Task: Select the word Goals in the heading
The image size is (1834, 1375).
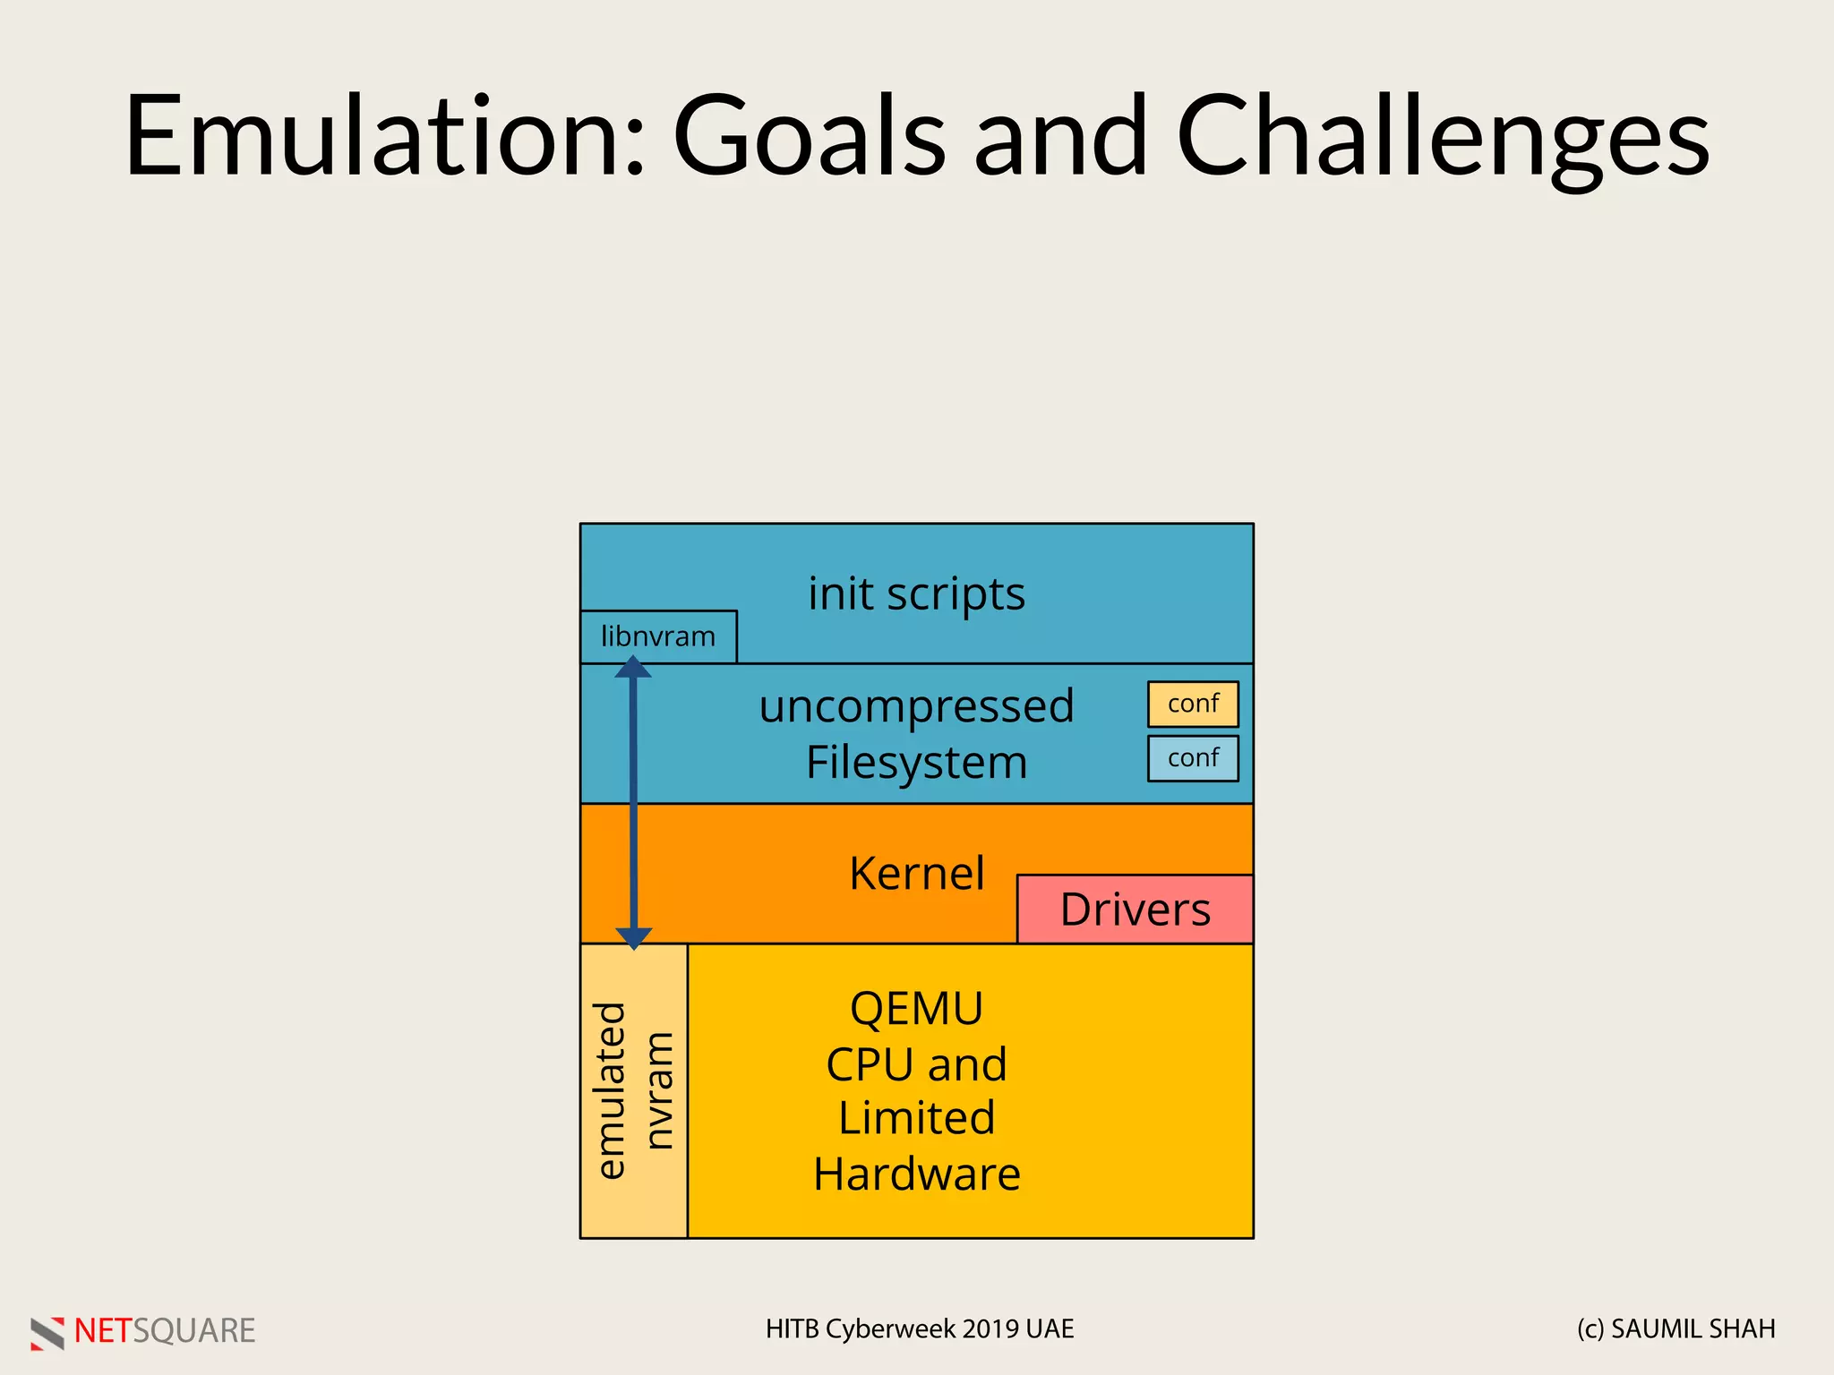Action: pos(810,136)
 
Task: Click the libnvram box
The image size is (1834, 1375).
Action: pos(658,636)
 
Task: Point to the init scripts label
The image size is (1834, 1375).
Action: pos(916,594)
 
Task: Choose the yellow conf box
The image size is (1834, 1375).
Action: pos(1193,704)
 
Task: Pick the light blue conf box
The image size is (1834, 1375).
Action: pos(1193,758)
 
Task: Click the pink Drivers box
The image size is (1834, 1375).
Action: pos(1135,910)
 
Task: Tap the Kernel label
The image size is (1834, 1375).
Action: pos(916,873)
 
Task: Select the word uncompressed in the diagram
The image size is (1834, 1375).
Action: pos(916,706)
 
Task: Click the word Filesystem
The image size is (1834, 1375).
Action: pos(916,763)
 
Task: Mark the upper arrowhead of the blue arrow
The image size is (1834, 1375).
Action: pos(633,668)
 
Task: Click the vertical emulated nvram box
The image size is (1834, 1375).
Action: pos(634,1090)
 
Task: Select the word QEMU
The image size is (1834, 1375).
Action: pos(916,1009)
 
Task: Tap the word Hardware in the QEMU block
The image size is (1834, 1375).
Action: pos(916,1174)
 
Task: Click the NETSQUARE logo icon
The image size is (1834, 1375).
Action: pos(47,1332)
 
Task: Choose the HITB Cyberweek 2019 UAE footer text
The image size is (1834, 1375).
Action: pos(920,1329)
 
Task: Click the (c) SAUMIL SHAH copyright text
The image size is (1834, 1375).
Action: pos(1675,1329)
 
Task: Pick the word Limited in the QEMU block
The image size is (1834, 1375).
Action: pos(916,1118)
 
